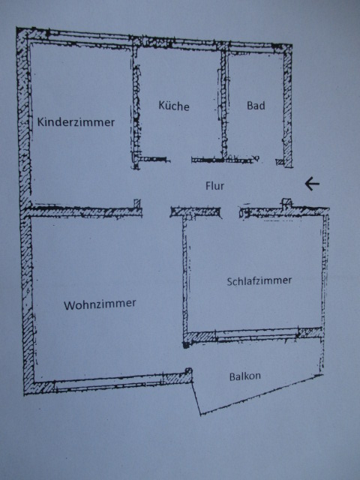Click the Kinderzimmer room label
pos(76,121)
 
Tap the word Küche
pos(174,106)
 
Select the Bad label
pos(256,105)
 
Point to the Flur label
pos(214,185)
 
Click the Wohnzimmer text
pos(100,304)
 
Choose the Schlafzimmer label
pos(259,280)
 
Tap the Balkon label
pos(245,376)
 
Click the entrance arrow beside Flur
pos(312,184)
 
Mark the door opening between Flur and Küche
pos(180,160)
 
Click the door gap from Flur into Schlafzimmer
pos(230,212)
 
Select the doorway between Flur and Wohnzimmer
pos(156,211)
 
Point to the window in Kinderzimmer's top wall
pos(88,37)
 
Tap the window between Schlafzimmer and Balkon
pos(256,334)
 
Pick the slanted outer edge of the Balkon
pos(262,394)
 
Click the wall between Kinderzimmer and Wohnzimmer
pos(82,211)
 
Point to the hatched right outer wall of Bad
pos(287,106)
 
